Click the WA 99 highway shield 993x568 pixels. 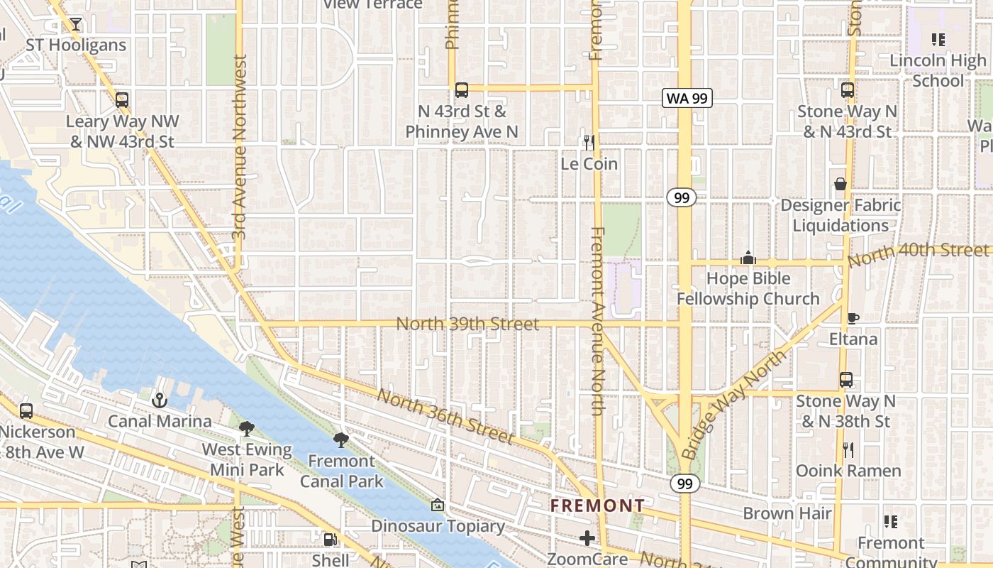[687, 99]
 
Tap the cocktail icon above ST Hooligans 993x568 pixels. [76, 24]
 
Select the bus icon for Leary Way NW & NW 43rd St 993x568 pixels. [122, 100]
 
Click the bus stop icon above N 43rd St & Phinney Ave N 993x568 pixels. [462, 90]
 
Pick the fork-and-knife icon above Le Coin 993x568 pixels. [589, 143]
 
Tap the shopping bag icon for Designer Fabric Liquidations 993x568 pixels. [841, 185]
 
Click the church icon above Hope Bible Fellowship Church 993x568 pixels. [748, 258]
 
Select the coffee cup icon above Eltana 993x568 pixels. [853, 318]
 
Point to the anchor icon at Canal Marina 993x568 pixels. [159, 400]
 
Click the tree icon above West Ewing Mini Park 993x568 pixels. [247, 428]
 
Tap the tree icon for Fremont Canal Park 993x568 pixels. [341, 439]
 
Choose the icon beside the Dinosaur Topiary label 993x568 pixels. [438, 506]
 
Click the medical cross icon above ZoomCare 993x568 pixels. [587, 538]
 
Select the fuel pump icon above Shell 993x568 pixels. [330, 540]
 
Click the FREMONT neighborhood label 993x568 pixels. [598, 506]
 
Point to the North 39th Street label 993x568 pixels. [467, 324]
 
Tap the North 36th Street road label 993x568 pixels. [445, 417]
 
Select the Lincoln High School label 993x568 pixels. [938, 70]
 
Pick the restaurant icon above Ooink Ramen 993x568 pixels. [848, 449]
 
